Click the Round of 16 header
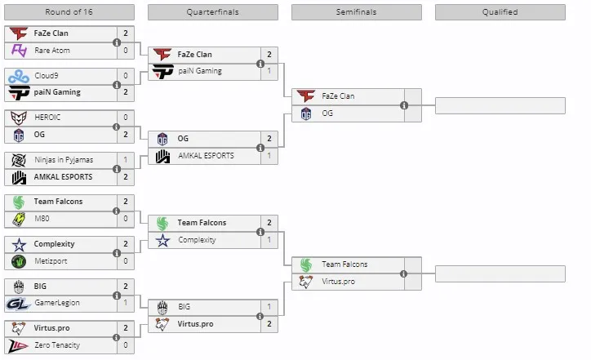click(69, 12)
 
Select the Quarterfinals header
click(213, 12)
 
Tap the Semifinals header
click(357, 12)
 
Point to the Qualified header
click(500, 12)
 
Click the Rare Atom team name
click(52, 51)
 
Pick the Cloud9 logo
click(19, 76)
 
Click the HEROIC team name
click(47, 118)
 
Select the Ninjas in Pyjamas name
click(64, 160)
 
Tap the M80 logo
click(19, 219)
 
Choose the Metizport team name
click(51, 261)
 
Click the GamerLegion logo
click(18, 303)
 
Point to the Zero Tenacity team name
click(57, 345)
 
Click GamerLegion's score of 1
click(126, 303)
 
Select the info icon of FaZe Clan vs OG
click(404, 105)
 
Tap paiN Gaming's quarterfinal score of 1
click(269, 71)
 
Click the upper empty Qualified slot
click(500, 105)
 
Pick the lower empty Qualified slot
click(500, 273)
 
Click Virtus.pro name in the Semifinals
click(339, 281)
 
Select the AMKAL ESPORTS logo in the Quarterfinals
click(162, 156)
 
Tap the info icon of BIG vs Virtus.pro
click(260, 316)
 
